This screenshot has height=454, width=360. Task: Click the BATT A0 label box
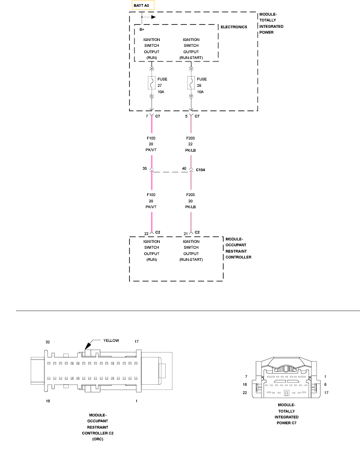[144, 5]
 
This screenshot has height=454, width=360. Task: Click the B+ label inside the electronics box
[142, 30]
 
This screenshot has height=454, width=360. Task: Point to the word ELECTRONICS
[234, 27]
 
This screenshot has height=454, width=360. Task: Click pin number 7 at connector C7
[147, 117]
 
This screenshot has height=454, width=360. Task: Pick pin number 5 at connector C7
[186, 117]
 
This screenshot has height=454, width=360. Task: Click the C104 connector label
[201, 169]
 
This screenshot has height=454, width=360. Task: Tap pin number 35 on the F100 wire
[144, 168]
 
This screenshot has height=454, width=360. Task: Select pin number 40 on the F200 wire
[184, 168]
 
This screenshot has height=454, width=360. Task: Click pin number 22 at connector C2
[146, 233]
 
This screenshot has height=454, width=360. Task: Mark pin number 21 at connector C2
[186, 233]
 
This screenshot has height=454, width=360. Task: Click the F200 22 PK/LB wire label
[191, 144]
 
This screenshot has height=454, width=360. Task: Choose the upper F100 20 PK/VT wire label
[152, 144]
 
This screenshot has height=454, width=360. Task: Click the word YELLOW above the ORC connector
[111, 340]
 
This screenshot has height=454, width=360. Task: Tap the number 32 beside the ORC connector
[48, 342]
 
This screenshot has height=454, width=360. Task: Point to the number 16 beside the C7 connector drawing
[246, 384]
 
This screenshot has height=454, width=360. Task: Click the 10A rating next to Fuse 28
[200, 91]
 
